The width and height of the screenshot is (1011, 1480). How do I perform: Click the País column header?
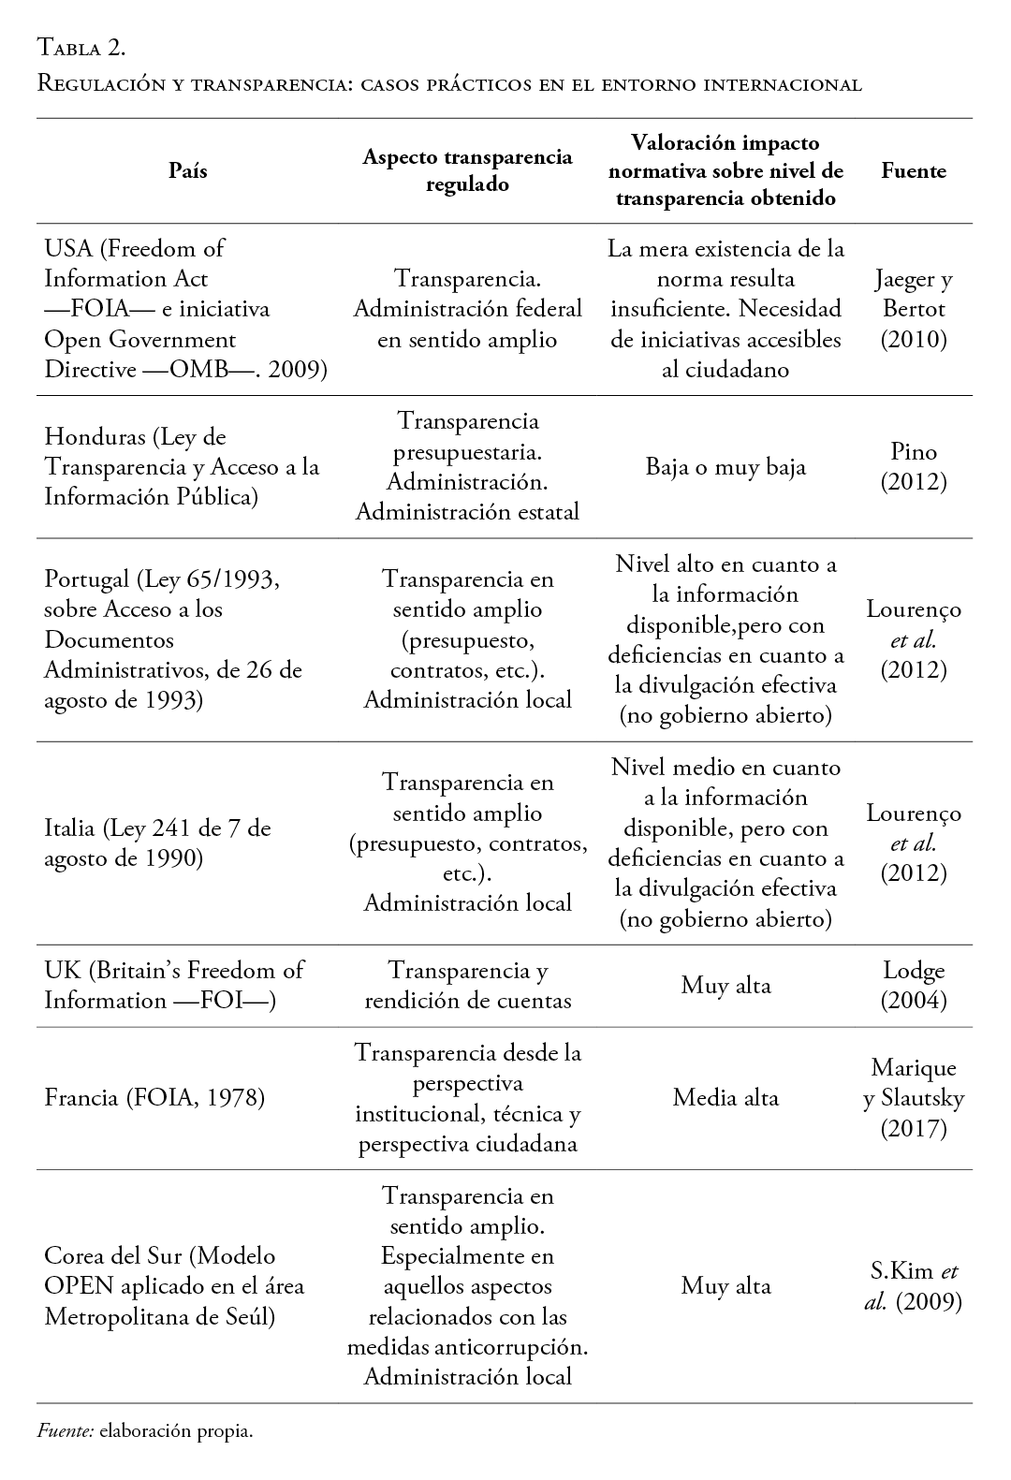tap(187, 170)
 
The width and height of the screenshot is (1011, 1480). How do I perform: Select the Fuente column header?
tap(914, 170)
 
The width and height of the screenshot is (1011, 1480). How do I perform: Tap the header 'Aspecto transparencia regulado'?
tap(467, 170)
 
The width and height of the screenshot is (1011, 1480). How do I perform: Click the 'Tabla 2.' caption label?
tap(81, 46)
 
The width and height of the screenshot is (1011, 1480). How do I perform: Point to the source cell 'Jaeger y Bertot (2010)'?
tap(914, 309)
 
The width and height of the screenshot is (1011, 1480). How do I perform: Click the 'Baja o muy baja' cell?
tap(725, 467)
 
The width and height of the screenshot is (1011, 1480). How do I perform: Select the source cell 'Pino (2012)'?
tap(914, 467)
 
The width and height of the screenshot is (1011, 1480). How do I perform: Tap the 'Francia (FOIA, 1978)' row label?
tap(154, 1097)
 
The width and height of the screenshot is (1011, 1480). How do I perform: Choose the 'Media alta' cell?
tap(725, 1097)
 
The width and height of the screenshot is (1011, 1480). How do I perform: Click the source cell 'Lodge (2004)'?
tap(914, 985)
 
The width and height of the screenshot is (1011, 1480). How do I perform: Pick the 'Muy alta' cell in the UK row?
tap(725, 985)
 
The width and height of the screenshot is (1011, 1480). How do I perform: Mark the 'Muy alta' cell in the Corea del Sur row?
tap(725, 1286)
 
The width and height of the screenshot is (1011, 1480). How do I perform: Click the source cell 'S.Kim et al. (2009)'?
tap(914, 1286)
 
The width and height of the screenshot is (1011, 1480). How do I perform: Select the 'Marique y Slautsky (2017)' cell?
tap(914, 1097)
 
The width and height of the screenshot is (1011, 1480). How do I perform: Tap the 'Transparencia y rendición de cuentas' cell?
tap(467, 985)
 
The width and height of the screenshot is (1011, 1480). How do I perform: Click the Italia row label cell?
tap(157, 843)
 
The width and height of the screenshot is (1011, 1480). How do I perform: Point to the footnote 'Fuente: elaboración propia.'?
tap(145, 1431)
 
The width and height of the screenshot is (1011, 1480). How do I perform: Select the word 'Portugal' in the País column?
tap(86, 579)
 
